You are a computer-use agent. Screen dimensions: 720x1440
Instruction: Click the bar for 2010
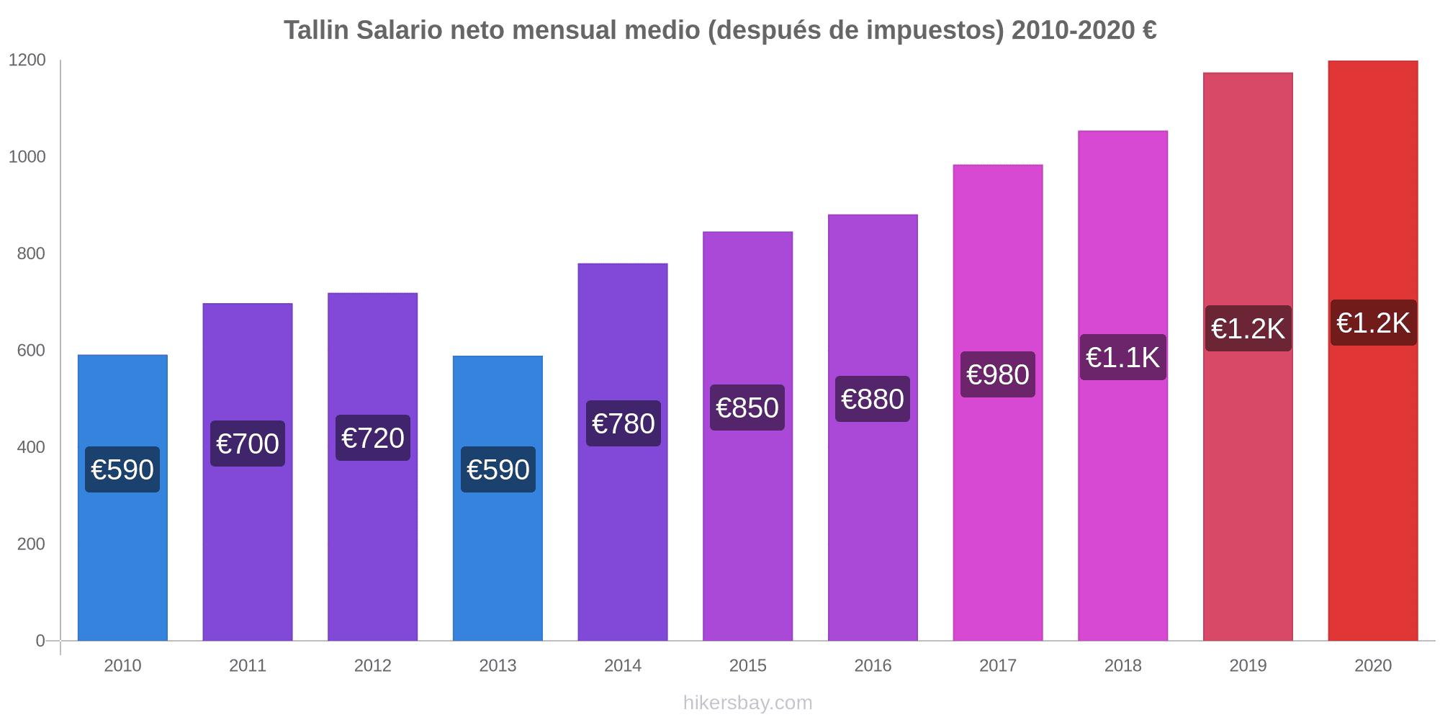[122, 547]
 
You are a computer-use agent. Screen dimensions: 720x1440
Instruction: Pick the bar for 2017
[997, 504]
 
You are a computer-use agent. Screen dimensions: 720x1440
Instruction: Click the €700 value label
[248, 444]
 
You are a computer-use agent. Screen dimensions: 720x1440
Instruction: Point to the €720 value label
[373, 438]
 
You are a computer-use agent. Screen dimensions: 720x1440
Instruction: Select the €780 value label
[623, 423]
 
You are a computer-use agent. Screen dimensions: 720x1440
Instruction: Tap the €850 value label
[747, 408]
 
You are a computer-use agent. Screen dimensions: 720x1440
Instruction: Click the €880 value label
[873, 399]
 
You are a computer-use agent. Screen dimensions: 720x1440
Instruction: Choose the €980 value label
[997, 374]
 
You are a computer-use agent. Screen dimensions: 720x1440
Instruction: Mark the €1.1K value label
[1122, 357]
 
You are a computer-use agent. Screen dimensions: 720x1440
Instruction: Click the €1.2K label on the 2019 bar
[1248, 328]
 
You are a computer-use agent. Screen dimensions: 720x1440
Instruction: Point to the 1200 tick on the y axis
[27, 60]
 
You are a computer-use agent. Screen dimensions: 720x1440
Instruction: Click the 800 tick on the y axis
[31, 253]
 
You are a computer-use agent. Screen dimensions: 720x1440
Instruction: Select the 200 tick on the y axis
[31, 544]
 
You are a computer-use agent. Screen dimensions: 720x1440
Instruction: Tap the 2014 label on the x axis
[623, 665]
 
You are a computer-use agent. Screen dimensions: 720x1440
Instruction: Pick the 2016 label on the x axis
[873, 665]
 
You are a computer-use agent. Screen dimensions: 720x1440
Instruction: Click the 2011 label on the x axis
[248, 665]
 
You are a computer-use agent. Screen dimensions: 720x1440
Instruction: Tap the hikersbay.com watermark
[747, 703]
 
